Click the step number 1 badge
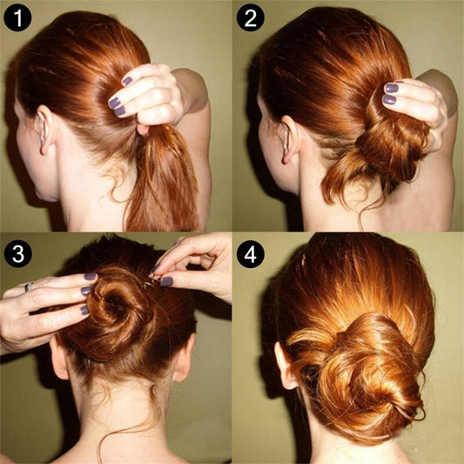(17, 17)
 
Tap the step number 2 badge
(251, 17)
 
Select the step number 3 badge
(17, 254)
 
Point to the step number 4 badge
(251, 254)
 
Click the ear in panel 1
(44, 130)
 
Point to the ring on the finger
(29, 286)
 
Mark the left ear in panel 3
(59, 359)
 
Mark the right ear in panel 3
(184, 357)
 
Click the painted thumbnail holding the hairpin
(166, 281)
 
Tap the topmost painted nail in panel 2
(391, 88)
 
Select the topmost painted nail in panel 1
(127, 81)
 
